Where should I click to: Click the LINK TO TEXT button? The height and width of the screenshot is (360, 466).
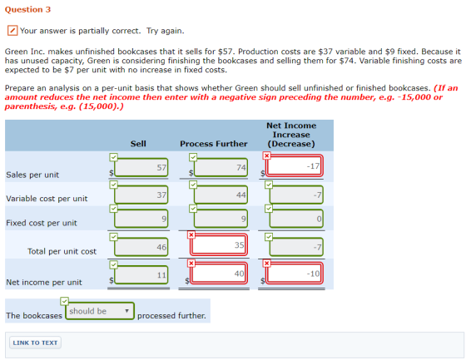click(35, 343)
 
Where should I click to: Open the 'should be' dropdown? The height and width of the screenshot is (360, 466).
click(100, 311)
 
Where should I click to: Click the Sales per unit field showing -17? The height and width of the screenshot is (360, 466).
click(295, 165)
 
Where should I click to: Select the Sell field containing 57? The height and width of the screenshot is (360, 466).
click(141, 167)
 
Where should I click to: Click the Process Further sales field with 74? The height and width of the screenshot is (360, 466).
click(221, 167)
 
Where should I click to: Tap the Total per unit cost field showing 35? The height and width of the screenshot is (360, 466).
click(219, 245)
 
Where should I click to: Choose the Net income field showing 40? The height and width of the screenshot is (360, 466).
click(219, 273)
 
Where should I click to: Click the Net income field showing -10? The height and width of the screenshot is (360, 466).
click(295, 273)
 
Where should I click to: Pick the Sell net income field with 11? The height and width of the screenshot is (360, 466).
click(141, 274)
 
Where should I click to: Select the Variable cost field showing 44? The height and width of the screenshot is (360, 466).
click(221, 195)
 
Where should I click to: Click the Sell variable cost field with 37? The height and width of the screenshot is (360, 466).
click(141, 195)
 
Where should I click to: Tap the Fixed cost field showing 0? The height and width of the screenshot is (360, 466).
click(296, 219)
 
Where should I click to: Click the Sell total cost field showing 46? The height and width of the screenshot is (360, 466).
click(141, 247)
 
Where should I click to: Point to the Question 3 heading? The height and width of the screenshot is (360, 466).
click(27, 9)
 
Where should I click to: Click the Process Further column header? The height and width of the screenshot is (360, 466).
click(214, 144)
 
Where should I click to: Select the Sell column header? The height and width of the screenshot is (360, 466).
click(138, 144)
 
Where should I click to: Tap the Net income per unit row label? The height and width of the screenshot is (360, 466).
click(44, 282)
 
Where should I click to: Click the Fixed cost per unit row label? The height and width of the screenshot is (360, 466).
click(42, 223)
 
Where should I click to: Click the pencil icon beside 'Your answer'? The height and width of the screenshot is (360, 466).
click(12, 30)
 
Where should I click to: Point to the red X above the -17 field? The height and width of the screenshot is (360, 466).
click(266, 155)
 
